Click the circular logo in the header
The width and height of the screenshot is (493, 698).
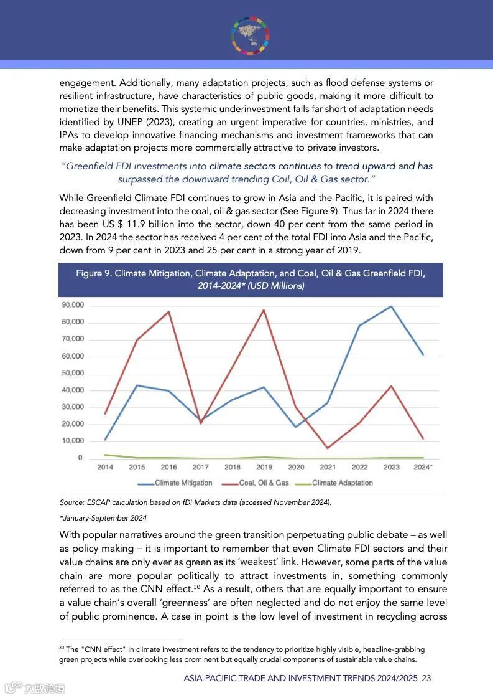click(x=251, y=35)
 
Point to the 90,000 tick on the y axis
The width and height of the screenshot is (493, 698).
click(x=72, y=305)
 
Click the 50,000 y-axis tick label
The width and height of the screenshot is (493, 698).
click(x=72, y=373)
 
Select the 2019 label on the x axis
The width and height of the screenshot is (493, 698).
click(x=264, y=467)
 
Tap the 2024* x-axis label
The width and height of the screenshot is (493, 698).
click(x=423, y=467)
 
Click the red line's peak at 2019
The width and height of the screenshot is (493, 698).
click(x=264, y=309)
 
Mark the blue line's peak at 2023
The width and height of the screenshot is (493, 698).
click(x=391, y=306)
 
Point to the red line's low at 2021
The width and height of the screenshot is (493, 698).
click(x=328, y=448)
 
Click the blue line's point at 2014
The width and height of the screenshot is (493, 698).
click(x=105, y=440)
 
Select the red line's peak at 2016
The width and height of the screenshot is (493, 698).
click(x=169, y=311)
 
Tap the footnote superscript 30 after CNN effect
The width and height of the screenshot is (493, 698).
click(x=196, y=587)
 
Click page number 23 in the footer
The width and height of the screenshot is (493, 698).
click(x=426, y=678)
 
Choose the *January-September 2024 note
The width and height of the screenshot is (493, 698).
click(x=103, y=518)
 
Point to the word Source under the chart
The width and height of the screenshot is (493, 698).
click(x=71, y=502)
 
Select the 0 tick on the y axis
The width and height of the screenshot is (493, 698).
click(x=80, y=458)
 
